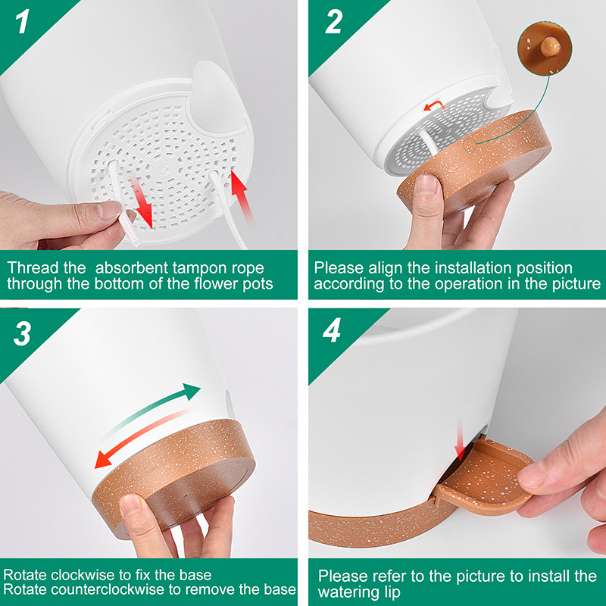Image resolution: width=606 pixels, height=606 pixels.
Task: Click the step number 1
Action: coord(23,22)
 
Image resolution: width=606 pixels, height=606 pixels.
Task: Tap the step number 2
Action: coord(334,23)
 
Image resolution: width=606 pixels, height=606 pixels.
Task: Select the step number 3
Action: coord(23,334)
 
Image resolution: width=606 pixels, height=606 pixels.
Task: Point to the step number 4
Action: coord(334,334)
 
